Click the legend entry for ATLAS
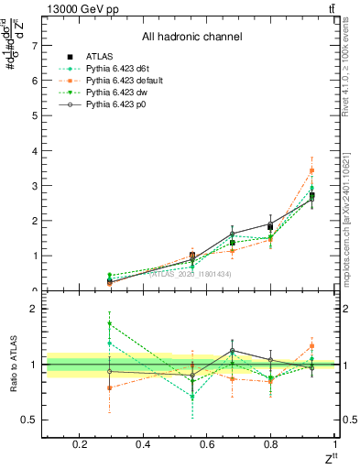(x=101, y=57)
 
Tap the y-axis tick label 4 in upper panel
(x=34, y=150)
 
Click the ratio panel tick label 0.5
(x=29, y=420)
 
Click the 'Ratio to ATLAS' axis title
(x=13, y=364)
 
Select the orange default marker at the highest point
(x=311, y=170)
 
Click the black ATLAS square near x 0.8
(x=270, y=226)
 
